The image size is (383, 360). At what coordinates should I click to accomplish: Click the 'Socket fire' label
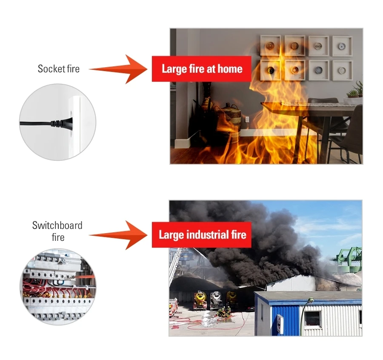click(x=58, y=69)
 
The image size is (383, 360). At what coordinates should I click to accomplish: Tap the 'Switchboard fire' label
click(x=57, y=231)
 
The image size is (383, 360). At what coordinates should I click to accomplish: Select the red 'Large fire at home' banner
click(x=202, y=69)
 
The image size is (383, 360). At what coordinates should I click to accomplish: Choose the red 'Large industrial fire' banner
click(x=202, y=234)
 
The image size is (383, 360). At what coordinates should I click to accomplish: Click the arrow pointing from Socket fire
click(x=117, y=69)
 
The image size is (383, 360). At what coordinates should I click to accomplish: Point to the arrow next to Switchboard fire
click(x=117, y=235)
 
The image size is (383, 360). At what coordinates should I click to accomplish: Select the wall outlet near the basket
click(x=247, y=119)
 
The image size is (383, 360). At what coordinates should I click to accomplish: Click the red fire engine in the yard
click(x=174, y=306)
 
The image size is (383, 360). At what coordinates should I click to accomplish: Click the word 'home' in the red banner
click(x=230, y=69)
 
